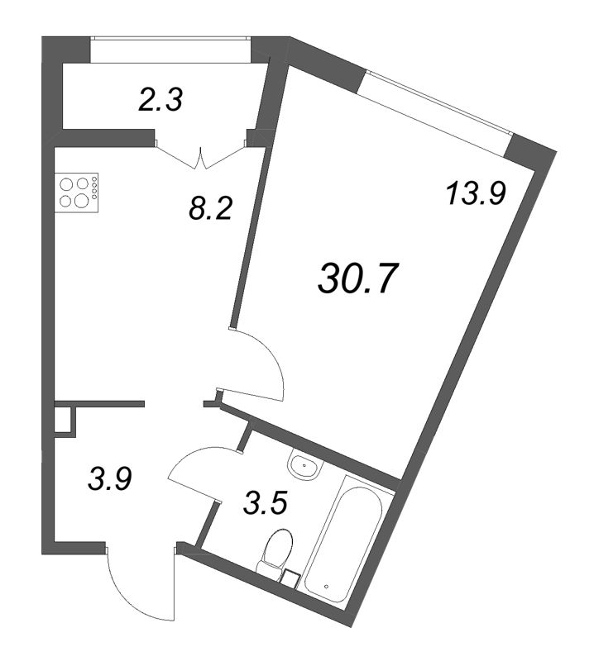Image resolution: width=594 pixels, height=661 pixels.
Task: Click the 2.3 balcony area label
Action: tap(160, 102)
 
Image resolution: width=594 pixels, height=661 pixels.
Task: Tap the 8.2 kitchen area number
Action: tap(211, 208)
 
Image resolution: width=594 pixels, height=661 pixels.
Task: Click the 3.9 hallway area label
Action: tap(110, 479)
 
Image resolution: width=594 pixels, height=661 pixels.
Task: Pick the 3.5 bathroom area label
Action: tap(265, 504)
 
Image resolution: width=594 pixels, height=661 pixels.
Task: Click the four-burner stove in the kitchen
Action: tap(76, 193)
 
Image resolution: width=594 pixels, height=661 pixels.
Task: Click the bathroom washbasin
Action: tap(305, 467)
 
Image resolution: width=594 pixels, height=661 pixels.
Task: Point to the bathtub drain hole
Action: tap(326, 587)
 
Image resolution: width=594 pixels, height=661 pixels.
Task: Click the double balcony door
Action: tap(201, 156)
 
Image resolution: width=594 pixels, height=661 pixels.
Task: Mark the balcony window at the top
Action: tap(171, 38)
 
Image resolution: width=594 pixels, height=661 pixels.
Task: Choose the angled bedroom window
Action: tap(439, 102)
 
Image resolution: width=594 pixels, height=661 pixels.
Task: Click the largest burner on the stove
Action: tap(80, 200)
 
